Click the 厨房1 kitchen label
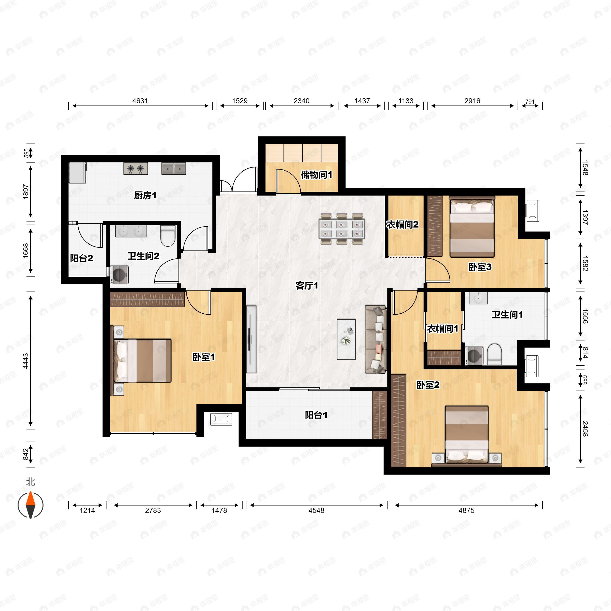click(145, 196)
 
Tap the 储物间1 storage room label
click(316, 175)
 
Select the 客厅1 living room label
click(307, 286)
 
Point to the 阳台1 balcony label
click(316, 415)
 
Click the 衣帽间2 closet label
click(402, 225)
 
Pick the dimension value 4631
click(140, 101)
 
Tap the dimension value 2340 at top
click(301, 101)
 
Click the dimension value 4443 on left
click(26, 361)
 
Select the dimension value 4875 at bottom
click(466, 510)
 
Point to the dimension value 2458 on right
click(585, 428)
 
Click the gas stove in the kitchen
click(136, 169)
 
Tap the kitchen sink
click(174, 169)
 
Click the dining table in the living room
click(342, 229)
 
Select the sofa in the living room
click(376, 339)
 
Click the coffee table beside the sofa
click(346, 339)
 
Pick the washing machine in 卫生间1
click(474, 356)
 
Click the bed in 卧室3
click(472, 226)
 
